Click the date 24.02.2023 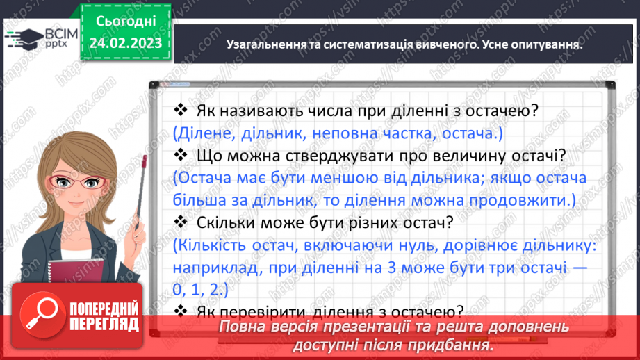tap(126, 43)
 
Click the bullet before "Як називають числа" tap(180, 110)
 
